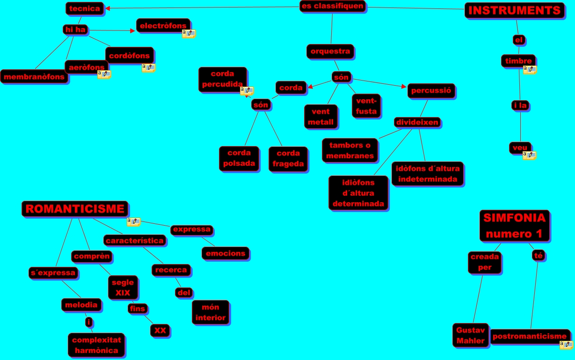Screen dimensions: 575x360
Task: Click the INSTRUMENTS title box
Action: tap(514, 11)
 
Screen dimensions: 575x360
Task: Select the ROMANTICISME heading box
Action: tap(75, 209)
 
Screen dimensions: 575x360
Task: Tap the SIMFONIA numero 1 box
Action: tap(514, 226)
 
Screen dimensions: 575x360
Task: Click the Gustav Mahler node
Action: tap(470, 335)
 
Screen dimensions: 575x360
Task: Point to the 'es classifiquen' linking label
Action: tap(332, 7)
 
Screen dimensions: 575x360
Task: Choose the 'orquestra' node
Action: tap(330, 51)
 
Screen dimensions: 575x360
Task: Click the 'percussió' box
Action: tap(431, 91)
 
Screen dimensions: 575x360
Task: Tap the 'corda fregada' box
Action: tap(288, 159)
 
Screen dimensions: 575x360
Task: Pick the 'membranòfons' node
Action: tap(35, 76)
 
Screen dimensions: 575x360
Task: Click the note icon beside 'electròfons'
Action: tap(189, 34)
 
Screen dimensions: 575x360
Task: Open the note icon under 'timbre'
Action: tap(530, 70)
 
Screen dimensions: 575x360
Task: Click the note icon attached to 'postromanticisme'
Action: tap(566, 345)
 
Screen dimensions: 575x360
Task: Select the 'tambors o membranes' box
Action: tap(350, 151)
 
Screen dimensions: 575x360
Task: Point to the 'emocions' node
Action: tap(225, 253)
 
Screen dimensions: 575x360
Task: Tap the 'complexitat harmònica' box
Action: tap(96, 345)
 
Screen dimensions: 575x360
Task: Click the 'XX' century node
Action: tap(160, 331)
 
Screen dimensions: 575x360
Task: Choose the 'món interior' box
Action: tap(210, 312)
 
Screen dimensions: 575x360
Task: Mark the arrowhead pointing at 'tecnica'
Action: tap(108, 8)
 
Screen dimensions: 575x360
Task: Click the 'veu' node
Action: tap(520, 148)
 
